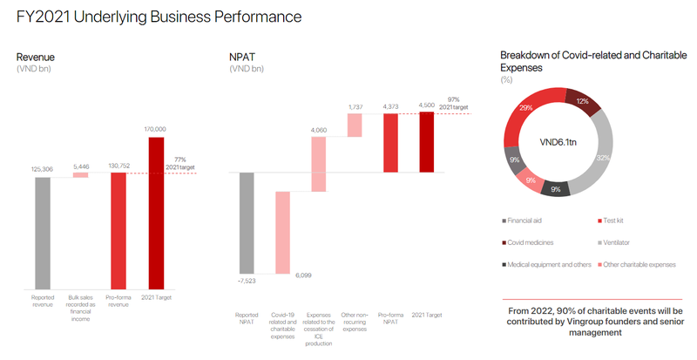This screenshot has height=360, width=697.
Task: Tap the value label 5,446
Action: pos(80,166)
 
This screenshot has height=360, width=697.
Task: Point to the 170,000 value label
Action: pos(156,128)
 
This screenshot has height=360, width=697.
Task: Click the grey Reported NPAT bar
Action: pos(247,222)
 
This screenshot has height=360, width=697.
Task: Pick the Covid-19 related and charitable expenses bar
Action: pos(282,230)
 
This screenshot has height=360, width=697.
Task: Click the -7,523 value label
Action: pos(247,281)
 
